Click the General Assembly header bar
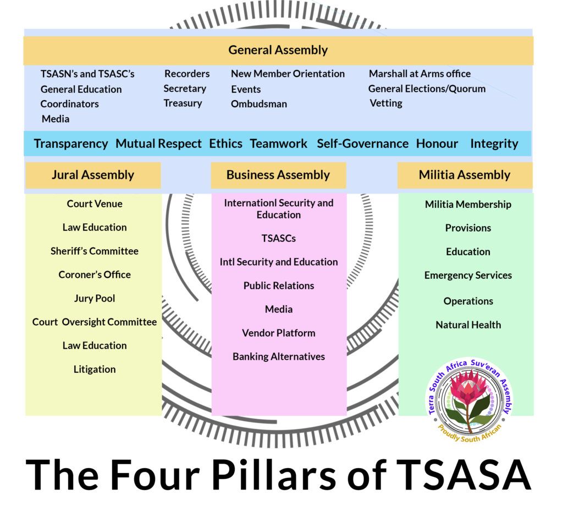pos(278,50)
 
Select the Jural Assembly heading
pos(93,175)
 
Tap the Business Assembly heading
pos(278,175)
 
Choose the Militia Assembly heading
pos(465,175)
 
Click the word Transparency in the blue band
pos(71,144)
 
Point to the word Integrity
pos(494,144)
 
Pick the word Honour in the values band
pos(437,144)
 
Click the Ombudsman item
pos(259,104)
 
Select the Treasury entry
pos(183,103)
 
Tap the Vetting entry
pos(386,103)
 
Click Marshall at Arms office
pos(420,74)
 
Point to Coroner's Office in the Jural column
pos(95,274)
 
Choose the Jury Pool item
pos(95,298)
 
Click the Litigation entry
pos(95,369)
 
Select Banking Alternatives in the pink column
pos(279,356)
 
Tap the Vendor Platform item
pos(279,333)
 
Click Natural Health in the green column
pos(468,324)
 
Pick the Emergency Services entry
pos(468,275)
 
